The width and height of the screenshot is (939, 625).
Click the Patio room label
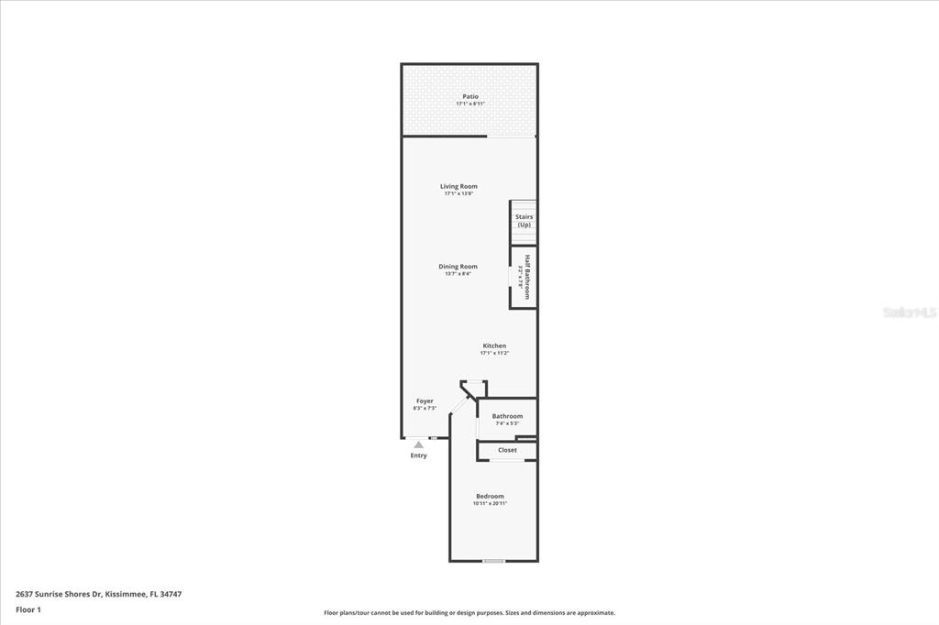point(469,96)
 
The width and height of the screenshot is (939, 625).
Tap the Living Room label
point(458,186)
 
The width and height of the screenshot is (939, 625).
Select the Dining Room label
point(458,267)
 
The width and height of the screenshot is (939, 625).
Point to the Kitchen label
point(494,345)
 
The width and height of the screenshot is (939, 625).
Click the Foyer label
point(425,400)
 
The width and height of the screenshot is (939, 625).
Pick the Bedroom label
point(490,496)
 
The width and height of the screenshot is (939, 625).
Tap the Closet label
point(507,450)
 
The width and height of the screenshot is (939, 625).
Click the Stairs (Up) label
point(524,221)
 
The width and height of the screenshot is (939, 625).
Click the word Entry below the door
point(418,455)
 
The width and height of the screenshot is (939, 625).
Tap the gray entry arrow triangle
point(418,444)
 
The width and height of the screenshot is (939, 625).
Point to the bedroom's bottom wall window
point(493,561)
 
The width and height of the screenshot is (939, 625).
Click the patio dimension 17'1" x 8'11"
point(469,104)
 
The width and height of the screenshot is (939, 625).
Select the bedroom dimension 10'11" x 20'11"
point(490,503)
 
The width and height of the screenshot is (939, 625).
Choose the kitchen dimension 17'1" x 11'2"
point(494,353)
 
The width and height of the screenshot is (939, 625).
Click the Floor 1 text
point(28,609)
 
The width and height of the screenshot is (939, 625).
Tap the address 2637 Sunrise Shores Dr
point(98,594)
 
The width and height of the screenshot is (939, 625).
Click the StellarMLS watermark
point(910,312)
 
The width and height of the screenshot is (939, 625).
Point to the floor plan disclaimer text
point(469,613)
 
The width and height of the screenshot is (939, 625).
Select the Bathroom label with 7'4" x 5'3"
point(507,416)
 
